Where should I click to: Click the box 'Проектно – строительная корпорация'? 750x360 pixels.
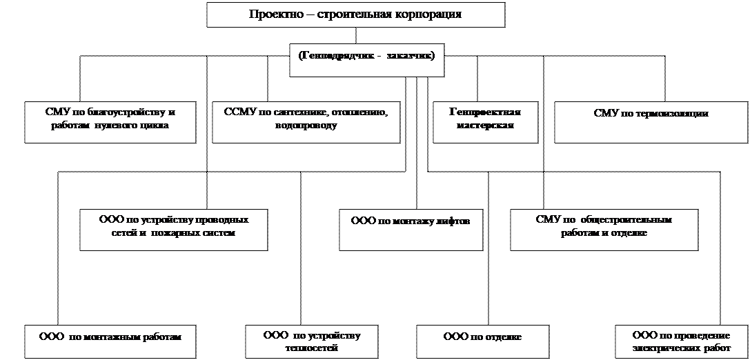[x=355, y=14]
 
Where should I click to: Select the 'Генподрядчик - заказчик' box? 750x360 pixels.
[x=366, y=60]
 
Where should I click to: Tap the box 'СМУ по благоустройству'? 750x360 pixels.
[x=110, y=122]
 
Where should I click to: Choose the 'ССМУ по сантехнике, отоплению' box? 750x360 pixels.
[x=306, y=122]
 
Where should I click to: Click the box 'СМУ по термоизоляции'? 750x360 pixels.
[x=651, y=122]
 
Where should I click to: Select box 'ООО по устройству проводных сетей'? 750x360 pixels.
[x=173, y=230]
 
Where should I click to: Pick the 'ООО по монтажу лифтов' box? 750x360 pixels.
[x=411, y=230]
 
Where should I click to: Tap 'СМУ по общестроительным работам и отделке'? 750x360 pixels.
[x=603, y=230]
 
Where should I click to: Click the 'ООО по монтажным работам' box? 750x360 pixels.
[x=110, y=341]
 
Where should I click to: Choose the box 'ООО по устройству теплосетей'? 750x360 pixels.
[x=312, y=341]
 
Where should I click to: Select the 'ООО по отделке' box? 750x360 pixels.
[x=482, y=341]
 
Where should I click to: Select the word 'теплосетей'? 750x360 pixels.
[x=312, y=348]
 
